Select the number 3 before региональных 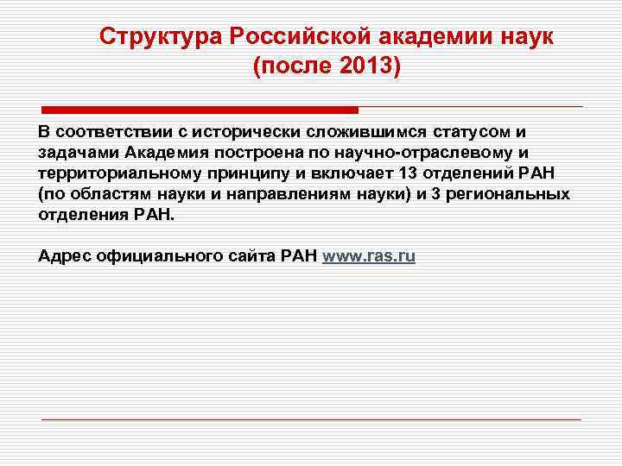click(435, 194)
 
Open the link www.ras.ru click(368, 256)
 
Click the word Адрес click(62, 256)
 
